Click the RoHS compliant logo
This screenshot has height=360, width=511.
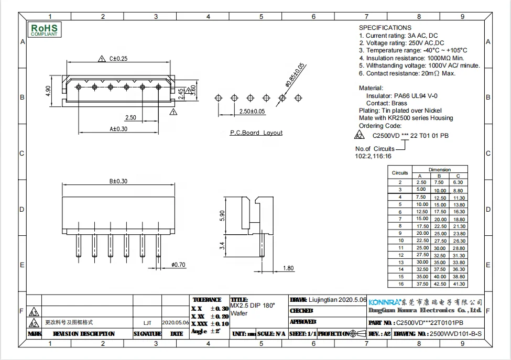[45, 29]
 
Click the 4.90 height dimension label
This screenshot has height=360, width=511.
[48, 91]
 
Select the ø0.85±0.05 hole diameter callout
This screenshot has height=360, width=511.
[295, 74]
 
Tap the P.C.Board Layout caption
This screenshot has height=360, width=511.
[256, 133]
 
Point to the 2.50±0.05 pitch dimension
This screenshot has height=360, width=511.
[252, 112]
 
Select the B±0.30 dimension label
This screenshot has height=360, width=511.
[118, 181]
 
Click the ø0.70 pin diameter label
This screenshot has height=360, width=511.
[179, 265]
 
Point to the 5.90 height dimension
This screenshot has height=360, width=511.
[222, 215]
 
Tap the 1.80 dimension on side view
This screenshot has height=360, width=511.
[288, 268]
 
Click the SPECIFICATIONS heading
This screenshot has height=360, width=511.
[385, 27]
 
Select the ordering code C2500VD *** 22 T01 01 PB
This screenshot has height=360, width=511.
[407, 136]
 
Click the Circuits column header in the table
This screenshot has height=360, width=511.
[400, 173]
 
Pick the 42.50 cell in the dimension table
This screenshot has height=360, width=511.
[440, 284]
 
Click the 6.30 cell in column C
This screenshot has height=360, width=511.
[459, 182]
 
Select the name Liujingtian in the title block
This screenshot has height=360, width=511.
[322, 299]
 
